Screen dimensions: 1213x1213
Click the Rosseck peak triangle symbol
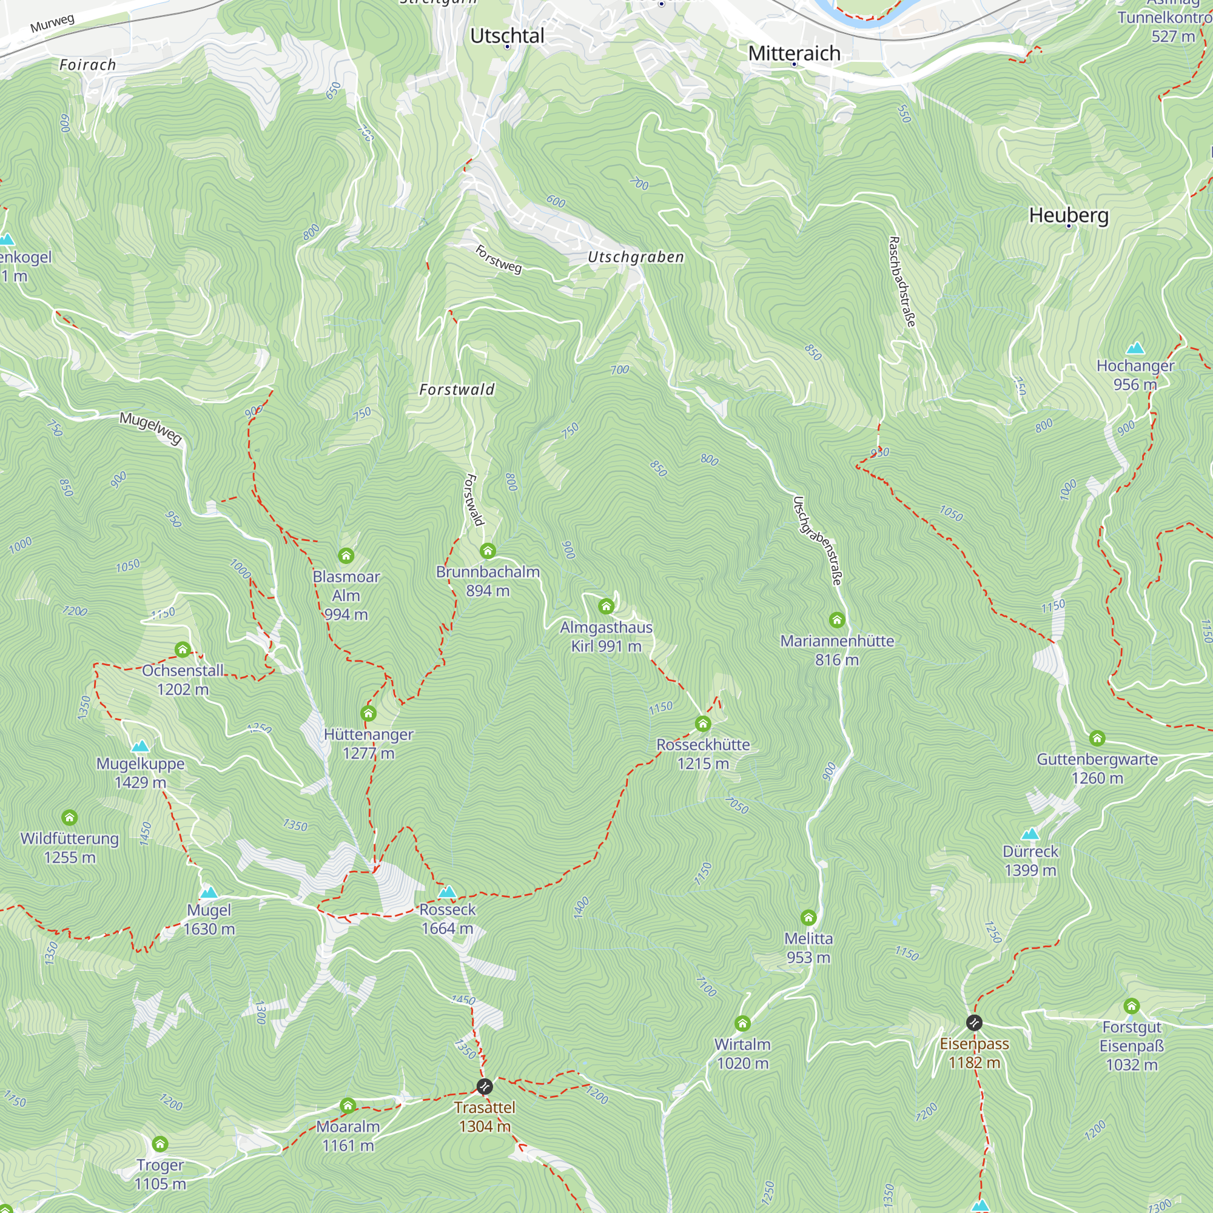click(447, 892)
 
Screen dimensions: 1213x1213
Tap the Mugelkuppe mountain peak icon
click(140, 746)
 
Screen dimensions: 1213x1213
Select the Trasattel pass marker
click(485, 1086)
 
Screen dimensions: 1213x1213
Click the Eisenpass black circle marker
click(974, 1023)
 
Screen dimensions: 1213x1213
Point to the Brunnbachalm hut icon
click(488, 551)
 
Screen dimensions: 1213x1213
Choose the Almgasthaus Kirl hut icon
click(606, 606)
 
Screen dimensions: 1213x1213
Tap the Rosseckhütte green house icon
click(702, 724)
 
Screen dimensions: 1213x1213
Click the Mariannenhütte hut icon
click(836, 620)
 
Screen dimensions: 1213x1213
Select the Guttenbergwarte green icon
click(1097, 738)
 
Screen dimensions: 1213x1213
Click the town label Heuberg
click(1069, 215)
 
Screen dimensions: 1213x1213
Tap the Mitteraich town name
click(795, 53)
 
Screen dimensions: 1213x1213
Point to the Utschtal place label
click(507, 36)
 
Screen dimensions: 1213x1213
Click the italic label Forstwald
click(457, 390)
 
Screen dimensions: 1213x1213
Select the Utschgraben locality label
click(636, 257)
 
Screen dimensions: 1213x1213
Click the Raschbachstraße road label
click(902, 281)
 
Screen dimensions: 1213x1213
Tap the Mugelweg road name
click(150, 429)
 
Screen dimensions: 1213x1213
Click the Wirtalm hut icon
click(742, 1023)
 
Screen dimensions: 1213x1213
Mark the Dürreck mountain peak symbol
click(1030, 834)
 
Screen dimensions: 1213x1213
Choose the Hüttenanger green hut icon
click(368, 713)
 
